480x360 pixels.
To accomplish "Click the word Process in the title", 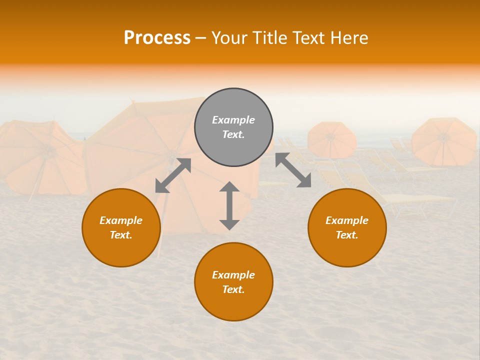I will (157, 38).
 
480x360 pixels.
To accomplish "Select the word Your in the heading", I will (228, 38).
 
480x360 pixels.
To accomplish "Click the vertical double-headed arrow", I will (229, 205).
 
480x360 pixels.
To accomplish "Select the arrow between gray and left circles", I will (173, 175).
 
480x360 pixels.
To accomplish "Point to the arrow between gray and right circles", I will (293, 170).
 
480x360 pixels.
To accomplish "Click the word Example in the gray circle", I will (233, 120).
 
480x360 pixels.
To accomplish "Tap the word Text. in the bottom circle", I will (233, 289).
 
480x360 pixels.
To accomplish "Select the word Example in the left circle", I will (121, 220).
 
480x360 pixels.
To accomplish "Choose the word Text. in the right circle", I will (347, 235).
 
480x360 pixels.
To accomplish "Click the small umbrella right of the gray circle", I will (331, 139).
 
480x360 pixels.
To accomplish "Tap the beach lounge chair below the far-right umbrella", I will (420, 200).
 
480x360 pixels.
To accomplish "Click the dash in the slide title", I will (200, 38).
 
